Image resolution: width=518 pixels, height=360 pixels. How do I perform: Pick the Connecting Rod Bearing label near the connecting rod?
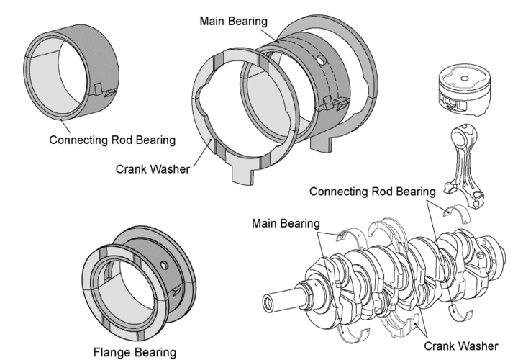(373, 192)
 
